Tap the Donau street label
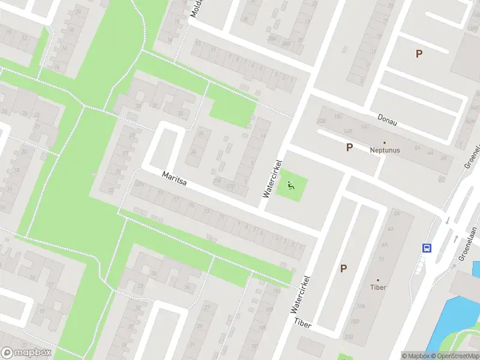tap(388, 119)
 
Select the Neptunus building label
tap(385, 150)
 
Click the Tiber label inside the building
tap(378, 287)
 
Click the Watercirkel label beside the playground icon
tap(272, 178)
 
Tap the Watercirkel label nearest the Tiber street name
tap(301, 293)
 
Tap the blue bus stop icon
tap(427, 248)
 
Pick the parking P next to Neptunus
tap(349, 147)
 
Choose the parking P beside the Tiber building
tap(343, 268)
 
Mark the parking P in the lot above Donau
tap(419, 53)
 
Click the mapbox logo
tap(25, 352)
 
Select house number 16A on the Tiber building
tap(361, 306)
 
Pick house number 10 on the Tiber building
tap(380, 260)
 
